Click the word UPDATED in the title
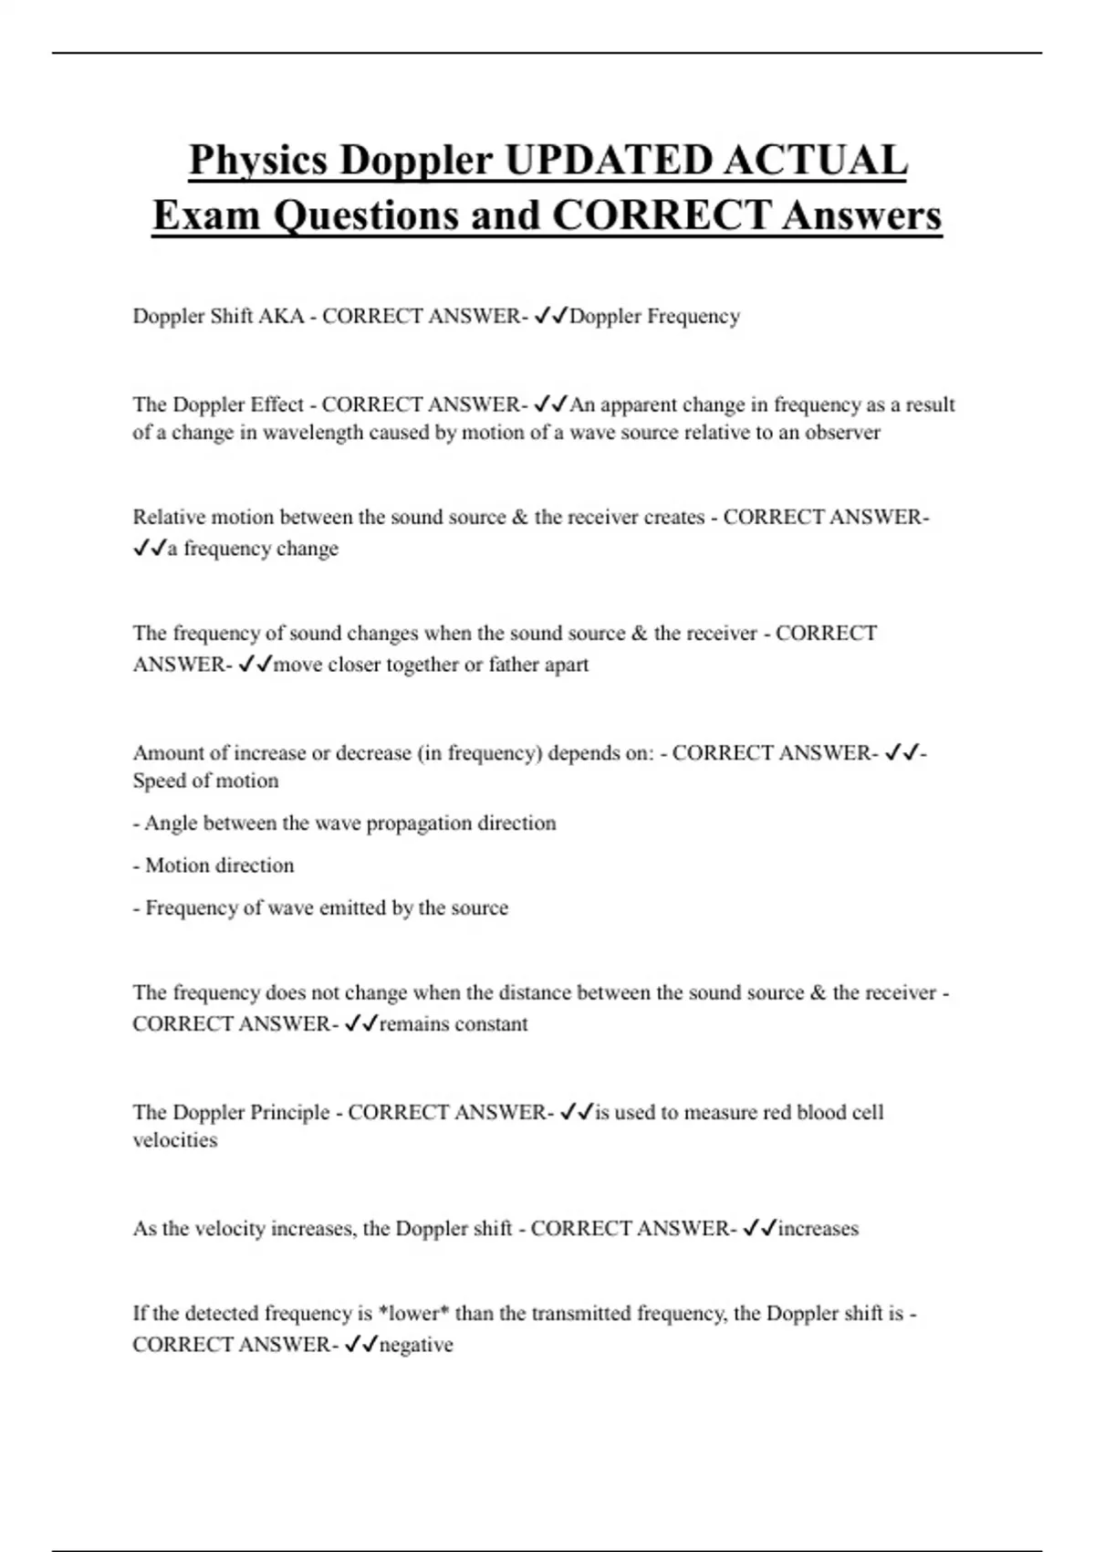point(608,161)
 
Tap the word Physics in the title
point(258,161)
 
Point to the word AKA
point(281,316)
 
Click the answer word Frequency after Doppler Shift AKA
point(693,316)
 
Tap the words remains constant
point(453,1024)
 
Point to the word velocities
point(175,1140)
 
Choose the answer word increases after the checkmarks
point(818,1229)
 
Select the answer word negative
point(416,1345)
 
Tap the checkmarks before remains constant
point(361,1024)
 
